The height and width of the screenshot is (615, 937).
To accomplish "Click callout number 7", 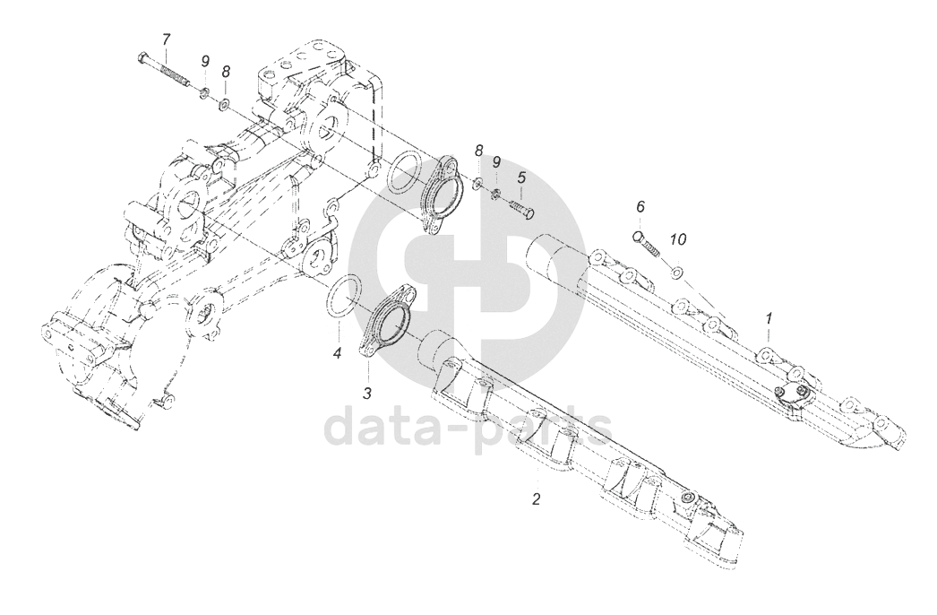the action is tap(165, 39).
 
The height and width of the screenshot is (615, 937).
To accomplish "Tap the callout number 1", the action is tap(768, 318).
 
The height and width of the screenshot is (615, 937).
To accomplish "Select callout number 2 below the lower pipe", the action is tap(537, 498).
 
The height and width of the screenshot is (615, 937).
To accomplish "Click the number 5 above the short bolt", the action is tap(521, 178).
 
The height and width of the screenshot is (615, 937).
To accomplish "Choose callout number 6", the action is tap(640, 207).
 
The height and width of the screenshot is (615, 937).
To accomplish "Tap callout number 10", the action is tap(678, 240).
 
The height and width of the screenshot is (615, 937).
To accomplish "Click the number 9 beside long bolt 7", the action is tap(205, 61).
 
